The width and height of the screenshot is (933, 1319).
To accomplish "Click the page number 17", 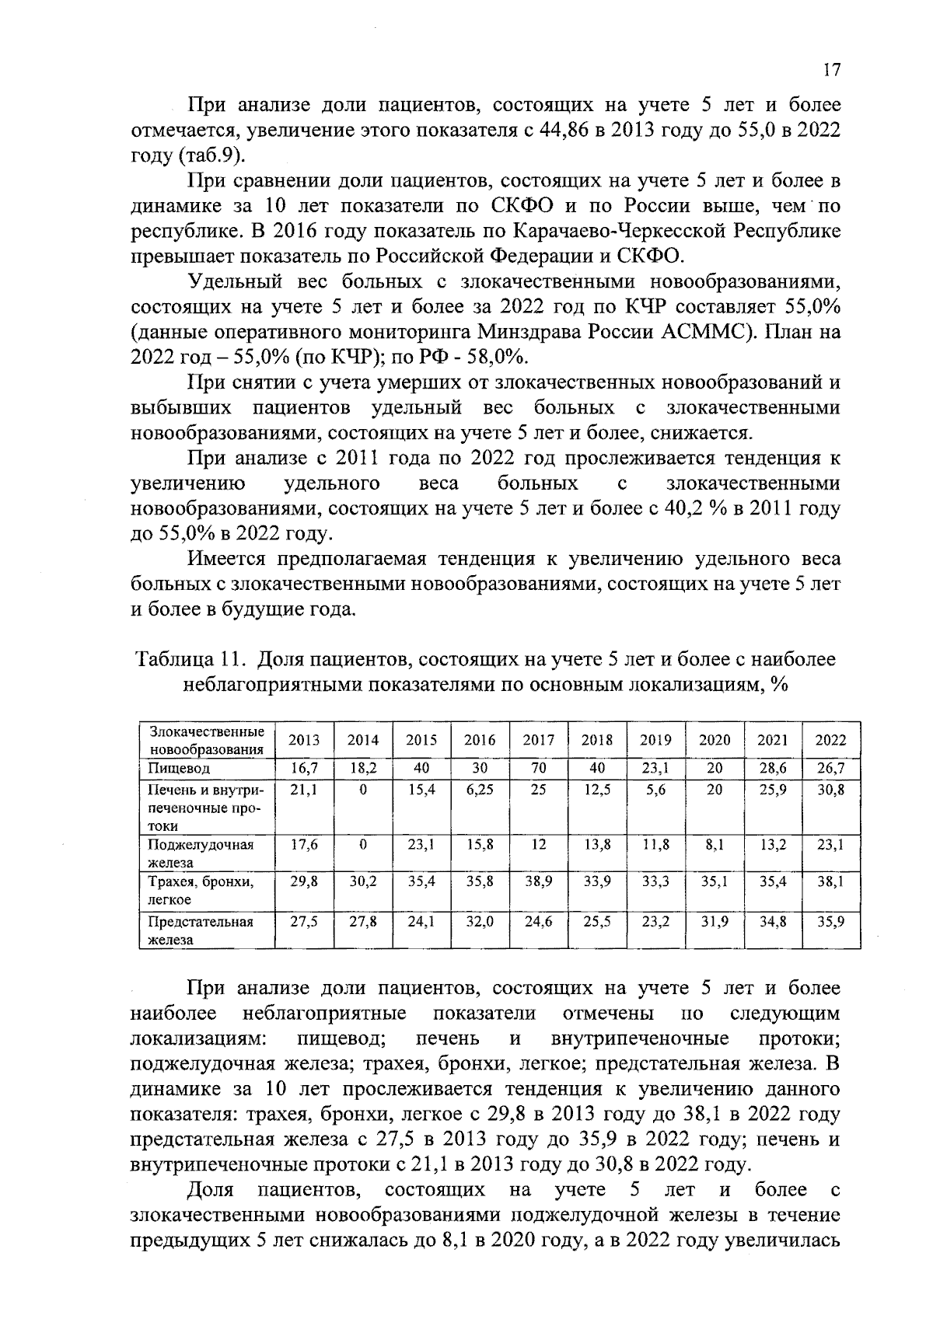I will coord(831,71).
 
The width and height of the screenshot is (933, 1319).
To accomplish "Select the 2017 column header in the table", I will coord(538,741).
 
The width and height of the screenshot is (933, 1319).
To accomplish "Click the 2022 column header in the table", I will coord(830,741).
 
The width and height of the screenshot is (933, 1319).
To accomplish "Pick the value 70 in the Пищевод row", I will coord(538,769).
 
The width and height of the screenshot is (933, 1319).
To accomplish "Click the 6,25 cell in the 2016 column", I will coord(480,789).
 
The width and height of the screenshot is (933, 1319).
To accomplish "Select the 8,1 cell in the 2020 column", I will coord(715,845).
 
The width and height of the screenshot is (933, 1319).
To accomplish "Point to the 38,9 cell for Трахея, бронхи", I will coord(538,882).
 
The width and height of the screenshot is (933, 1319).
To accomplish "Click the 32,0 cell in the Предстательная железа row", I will coord(480,921).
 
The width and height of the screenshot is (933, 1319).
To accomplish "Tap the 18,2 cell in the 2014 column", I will coord(363,769).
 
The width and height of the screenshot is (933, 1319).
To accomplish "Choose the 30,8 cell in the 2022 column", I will coord(830,789).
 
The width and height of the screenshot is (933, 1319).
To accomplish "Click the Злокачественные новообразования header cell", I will coord(206,741).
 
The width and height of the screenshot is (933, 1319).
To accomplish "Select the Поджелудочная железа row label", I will coord(201,853).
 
